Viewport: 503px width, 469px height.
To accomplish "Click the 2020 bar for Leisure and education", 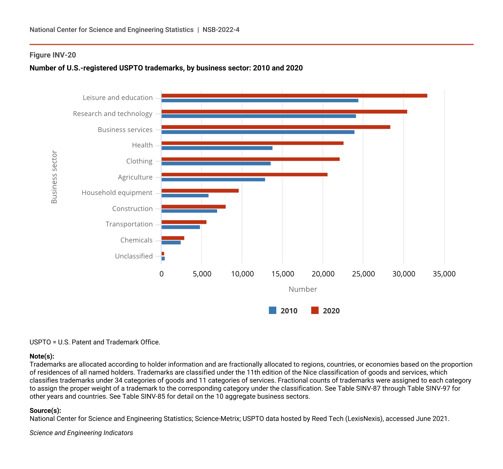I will click(x=294, y=96).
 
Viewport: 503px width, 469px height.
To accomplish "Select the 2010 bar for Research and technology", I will click(x=259, y=116).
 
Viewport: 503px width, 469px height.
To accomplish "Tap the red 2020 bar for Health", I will click(x=253, y=143).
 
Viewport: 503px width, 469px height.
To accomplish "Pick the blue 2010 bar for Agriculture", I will click(x=213, y=179).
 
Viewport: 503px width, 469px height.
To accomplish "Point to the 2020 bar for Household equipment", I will click(x=200, y=191).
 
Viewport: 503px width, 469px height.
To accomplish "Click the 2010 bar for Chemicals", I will click(x=171, y=242).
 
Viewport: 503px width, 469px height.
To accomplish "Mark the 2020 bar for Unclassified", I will click(x=163, y=254).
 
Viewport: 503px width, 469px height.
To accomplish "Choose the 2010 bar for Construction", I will click(x=189, y=211).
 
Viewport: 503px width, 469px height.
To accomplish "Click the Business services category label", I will click(x=125, y=130).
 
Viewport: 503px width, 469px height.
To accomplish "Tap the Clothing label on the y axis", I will click(x=139, y=161).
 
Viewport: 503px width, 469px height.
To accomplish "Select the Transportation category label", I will click(x=129, y=224).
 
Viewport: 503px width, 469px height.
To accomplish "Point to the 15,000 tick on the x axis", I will click(x=283, y=274).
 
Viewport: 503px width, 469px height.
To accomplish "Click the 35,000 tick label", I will click(x=444, y=274).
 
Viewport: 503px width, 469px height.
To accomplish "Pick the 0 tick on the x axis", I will click(x=161, y=274).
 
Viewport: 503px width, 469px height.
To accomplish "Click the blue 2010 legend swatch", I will click(x=272, y=310).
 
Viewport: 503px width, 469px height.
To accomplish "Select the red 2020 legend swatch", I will click(x=315, y=310).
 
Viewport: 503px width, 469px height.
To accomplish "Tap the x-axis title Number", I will click(x=303, y=289).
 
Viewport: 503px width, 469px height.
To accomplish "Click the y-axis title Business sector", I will click(x=54, y=177).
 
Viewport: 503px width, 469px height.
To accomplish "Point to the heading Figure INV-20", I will click(x=53, y=55).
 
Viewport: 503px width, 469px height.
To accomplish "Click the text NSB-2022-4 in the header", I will click(x=221, y=30).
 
